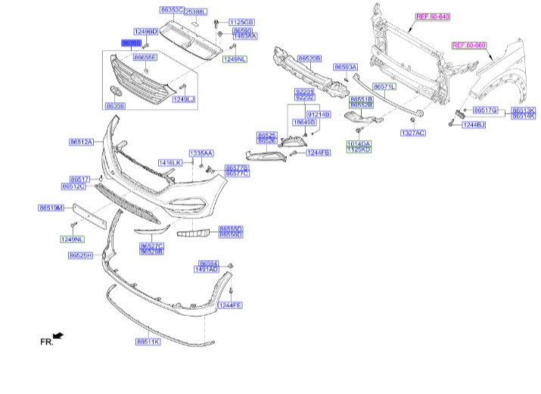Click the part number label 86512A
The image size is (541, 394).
[x=80, y=142]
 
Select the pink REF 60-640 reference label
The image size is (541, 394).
[x=433, y=16]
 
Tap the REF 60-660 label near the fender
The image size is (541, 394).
[x=469, y=45]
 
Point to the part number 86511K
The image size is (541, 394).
[x=148, y=342]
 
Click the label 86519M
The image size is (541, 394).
[x=51, y=207]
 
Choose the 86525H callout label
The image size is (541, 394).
[x=80, y=255]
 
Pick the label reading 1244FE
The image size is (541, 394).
[x=229, y=305]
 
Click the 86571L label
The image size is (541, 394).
[x=384, y=88]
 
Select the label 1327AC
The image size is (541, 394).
[x=413, y=133]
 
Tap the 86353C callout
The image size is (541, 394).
[x=172, y=9]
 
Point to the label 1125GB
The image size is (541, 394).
[x=242, y=23]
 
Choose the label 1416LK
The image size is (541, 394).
[x=170, y=163]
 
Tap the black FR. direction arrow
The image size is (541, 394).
[x=59, y=335]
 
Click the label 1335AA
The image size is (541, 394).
[x=201, y=152]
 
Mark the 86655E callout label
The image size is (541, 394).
[x=145, y=57]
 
